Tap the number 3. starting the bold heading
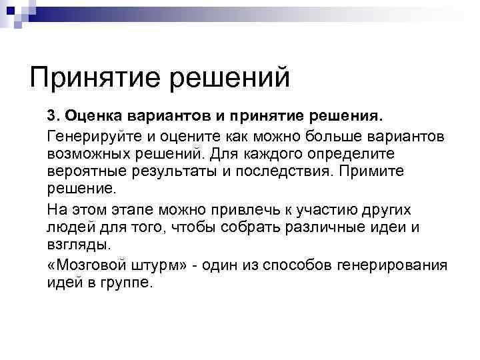pyautogui.click(x=54, y=117)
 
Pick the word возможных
pyautogui.click(x=85, y=154)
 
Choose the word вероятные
pyautogui.click(x=83, y=171)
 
